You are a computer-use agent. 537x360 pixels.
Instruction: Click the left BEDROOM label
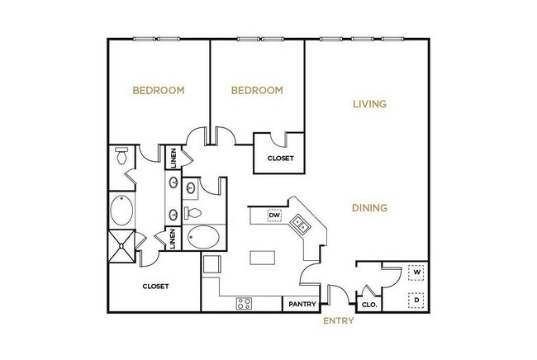[159, 90]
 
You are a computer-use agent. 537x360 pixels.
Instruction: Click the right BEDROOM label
[257, 90]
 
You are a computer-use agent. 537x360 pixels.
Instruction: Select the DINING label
[370, 208]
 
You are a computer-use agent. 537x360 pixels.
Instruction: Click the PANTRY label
[302, 304]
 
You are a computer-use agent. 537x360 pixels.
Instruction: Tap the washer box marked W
[417, 272]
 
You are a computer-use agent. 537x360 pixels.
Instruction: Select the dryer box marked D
[417, 300]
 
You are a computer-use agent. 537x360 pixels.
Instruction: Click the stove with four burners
[245, 302]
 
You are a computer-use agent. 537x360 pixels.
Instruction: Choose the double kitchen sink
[301, 223]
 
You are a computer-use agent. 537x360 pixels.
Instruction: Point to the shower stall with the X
[122, 246]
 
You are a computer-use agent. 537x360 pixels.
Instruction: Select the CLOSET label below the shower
[155, 287]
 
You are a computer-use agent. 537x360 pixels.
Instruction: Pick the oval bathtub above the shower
[124, 211]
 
